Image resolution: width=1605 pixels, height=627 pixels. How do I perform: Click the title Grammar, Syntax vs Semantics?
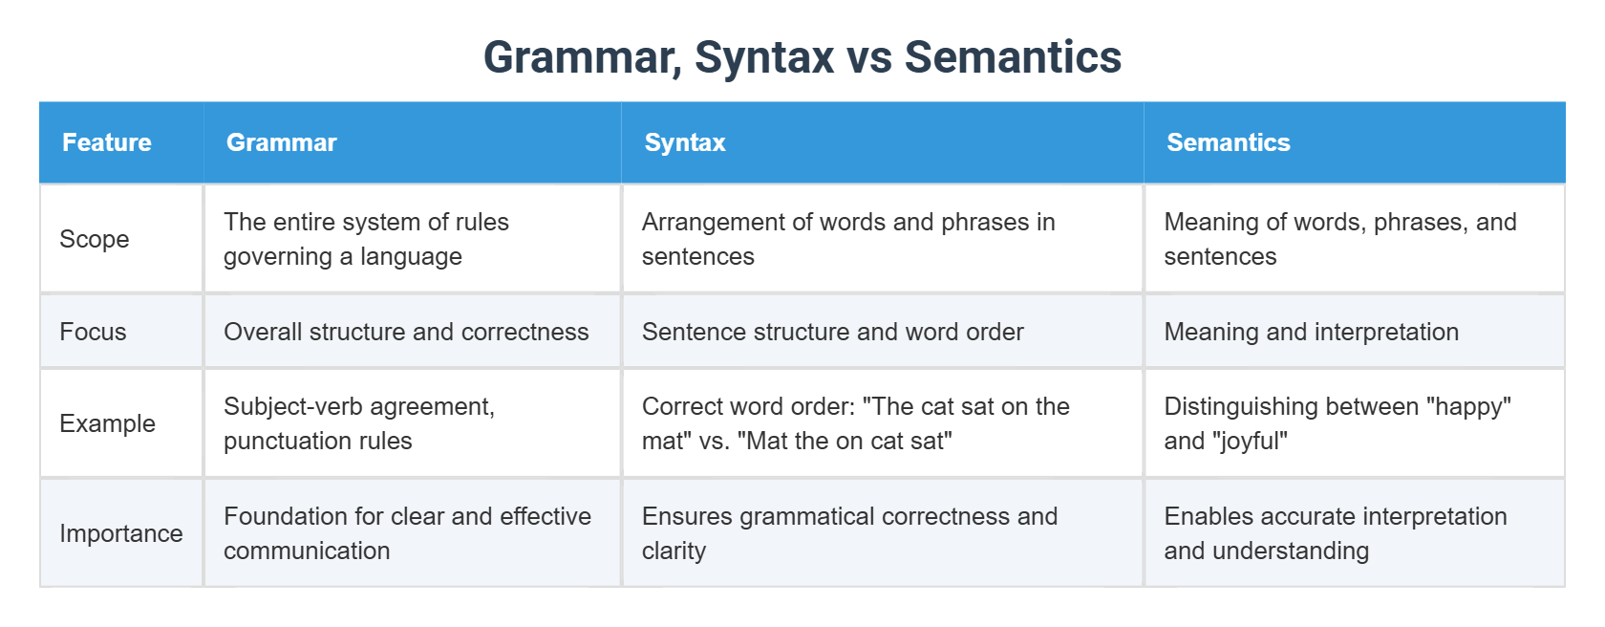point(802,57)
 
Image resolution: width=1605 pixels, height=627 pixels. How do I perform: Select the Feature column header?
point(107,142)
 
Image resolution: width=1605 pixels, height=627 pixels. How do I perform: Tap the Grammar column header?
point(282,142)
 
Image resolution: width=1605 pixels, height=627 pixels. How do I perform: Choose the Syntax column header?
point(685,142)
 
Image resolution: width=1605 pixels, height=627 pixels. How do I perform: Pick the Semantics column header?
point(1229,142)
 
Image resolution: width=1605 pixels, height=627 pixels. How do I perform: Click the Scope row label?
point(95,239)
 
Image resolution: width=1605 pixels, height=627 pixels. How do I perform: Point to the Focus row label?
point(94,332)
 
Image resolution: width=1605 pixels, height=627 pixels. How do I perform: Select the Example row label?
point(107,423)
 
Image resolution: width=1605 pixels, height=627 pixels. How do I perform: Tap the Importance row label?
point(121,533)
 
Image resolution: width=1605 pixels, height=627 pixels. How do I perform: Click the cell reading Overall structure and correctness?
point(406,332)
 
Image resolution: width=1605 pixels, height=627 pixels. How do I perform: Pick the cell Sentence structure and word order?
point(833,332)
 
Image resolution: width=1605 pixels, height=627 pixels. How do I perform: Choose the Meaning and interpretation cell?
point(1311,332)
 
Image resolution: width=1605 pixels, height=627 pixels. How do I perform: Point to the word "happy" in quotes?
point(1469,406)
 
